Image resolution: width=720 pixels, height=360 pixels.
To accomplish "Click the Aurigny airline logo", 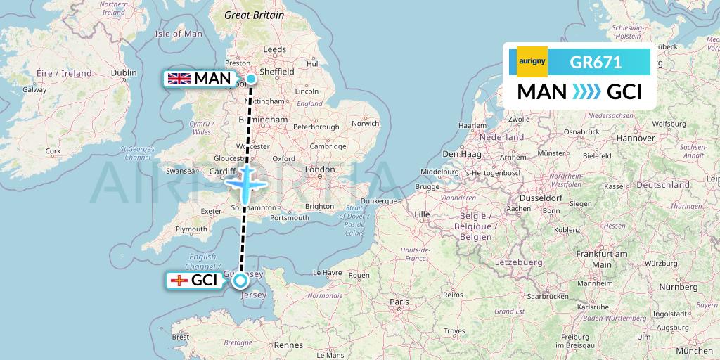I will click(532, 62).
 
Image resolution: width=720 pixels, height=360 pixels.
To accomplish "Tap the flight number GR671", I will click(596, 62).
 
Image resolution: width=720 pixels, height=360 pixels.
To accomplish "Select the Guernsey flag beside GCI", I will click(179, 281).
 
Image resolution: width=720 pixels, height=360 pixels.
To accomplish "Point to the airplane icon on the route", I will click(245, 185).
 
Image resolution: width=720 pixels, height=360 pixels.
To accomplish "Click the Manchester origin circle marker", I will click(250, 79).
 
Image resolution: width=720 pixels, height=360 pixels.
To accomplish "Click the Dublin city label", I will click(124, 72).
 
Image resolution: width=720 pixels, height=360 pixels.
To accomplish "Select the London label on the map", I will click(320, 169).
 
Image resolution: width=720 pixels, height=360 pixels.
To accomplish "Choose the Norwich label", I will click(366, 123).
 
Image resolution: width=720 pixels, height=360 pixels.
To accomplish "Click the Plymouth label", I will click(192, 229).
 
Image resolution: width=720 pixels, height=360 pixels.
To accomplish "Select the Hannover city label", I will click(635, 139).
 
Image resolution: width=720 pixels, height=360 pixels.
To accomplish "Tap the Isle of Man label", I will click(178, 34).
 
